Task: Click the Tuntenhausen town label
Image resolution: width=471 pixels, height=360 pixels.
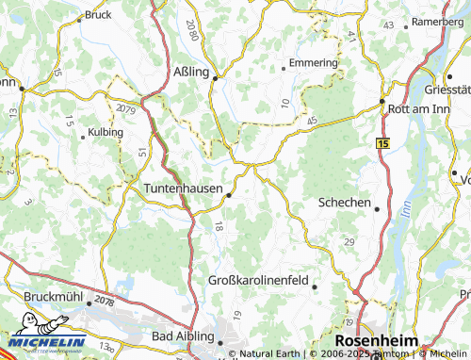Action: click(183, 188)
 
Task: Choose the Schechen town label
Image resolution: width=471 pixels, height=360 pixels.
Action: click(346, 203)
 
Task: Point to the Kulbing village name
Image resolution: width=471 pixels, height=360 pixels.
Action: click(106, 132)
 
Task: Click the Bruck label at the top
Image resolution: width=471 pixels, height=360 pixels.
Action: click(98, 15)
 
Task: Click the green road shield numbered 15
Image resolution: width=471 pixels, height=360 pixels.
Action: click(382, 142)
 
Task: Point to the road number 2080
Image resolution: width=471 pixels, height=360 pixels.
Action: click(191, 29)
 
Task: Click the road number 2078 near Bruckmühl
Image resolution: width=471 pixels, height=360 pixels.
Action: click(104, 302)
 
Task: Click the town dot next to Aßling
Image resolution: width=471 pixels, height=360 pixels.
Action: click(216, 79)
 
